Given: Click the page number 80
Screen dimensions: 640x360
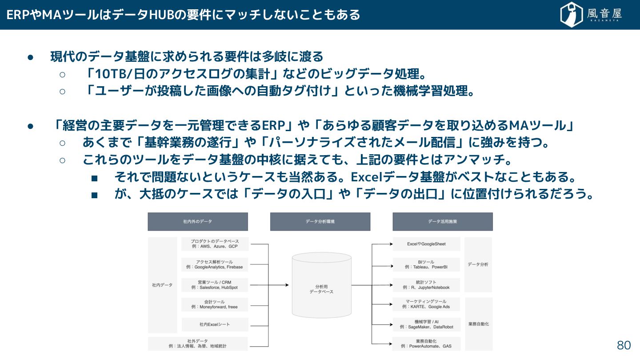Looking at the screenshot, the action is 624,345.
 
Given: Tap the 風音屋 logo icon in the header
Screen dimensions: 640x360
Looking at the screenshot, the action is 572,15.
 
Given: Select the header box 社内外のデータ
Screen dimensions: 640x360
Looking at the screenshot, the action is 198,221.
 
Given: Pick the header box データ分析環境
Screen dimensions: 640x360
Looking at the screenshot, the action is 320,221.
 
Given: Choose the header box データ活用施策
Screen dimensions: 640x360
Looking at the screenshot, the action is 443,221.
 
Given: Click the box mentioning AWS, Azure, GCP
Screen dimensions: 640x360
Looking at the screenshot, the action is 215,244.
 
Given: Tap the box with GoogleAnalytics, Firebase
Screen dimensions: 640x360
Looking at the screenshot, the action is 215,264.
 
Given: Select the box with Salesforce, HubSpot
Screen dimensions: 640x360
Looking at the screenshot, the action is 215,285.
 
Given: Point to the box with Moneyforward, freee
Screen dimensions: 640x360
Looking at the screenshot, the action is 215,304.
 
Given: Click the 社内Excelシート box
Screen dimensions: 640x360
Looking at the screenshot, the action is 215,324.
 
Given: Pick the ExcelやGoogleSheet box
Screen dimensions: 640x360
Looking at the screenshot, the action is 426,244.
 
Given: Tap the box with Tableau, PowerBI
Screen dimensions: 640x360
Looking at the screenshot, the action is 426,264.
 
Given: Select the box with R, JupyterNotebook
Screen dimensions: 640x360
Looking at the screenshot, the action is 426,285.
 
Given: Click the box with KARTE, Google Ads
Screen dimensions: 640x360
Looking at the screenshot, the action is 426,304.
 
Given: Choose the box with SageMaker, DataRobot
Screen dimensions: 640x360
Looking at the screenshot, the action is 426,324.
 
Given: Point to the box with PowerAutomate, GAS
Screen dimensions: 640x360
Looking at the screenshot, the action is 426,344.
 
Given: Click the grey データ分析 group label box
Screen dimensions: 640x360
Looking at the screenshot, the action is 478,264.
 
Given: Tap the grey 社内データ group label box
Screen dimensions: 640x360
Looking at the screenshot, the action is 162,285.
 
